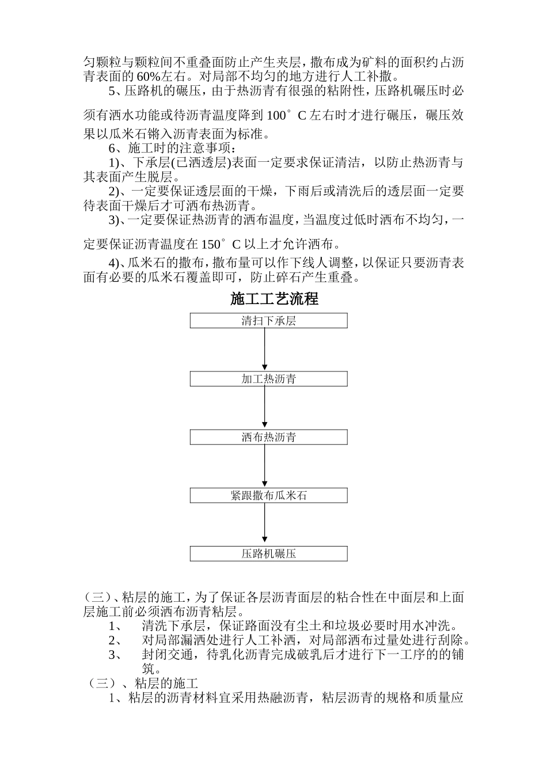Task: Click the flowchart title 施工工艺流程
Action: (274, 299)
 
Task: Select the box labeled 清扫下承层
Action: (268, 321)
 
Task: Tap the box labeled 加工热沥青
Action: (268, 379)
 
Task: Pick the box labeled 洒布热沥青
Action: (268, 437)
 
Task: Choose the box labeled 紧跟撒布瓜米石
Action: (268, 495)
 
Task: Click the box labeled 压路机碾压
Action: (268, 554)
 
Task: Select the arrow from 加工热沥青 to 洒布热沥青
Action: (265, 408)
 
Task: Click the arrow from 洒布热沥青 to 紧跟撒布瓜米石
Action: (265, 466)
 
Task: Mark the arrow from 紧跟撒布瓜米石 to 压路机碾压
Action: (265, 525)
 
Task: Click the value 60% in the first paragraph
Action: (149, 76)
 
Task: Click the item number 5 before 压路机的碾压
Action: (112, 91)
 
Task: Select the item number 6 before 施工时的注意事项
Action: (112, 149)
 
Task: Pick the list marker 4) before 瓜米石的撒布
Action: (115, 263)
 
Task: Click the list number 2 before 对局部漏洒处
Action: (112, 640)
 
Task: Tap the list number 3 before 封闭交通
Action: (112, 655)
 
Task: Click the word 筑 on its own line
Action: (148, 669)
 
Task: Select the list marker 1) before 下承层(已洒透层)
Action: (115, 163)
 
